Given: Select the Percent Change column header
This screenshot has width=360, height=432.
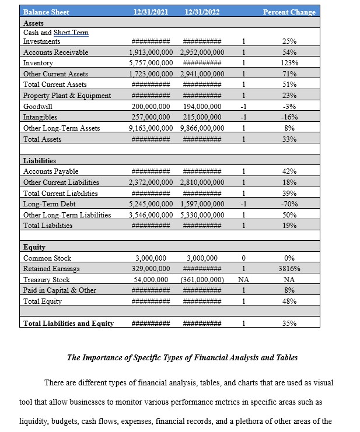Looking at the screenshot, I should click(x=289, y=12).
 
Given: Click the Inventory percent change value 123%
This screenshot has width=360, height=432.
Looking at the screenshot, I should click(x=289, y=63).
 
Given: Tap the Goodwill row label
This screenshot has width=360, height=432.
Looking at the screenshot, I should click(x=36, y=107).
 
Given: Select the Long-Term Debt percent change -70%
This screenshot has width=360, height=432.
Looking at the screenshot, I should click(x=289, y=204).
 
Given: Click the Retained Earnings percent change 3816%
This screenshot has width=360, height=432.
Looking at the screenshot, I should click(x=289, y=269).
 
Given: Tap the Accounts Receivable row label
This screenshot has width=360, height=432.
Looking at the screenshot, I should click(x=55, y=52).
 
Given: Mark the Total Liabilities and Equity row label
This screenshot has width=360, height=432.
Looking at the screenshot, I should click(x=68, y=324).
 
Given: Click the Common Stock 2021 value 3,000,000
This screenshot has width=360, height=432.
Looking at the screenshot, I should click(x=151, y=258).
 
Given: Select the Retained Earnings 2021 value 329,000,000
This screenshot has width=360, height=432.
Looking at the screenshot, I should click(x=151, y=269).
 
